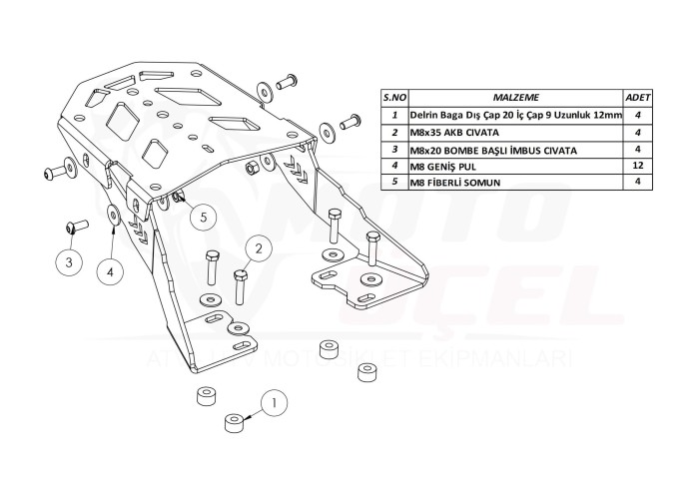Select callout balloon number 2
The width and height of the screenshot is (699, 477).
point(257,247)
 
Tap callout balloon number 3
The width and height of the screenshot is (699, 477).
point(68,262)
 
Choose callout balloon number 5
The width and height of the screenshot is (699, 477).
point(201,215)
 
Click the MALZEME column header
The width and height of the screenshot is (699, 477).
point(516,98)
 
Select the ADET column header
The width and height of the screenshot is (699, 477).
point(636,98)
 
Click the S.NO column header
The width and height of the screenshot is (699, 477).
point(395,98)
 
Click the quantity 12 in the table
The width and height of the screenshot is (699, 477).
point(636,166)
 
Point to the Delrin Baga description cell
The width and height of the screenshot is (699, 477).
point(516,116)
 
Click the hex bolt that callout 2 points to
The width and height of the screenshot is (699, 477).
point(241,285)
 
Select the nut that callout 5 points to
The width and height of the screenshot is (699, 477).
point(179,198)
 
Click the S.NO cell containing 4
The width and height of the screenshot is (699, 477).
point(395,166)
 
